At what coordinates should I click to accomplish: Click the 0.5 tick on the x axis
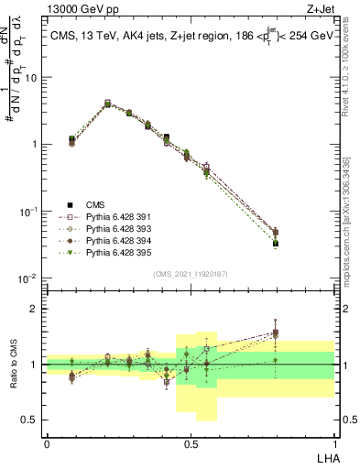pyautogui.click(x=191, y=443)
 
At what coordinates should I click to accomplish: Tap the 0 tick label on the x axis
pyautogui.click(x=47, y=443)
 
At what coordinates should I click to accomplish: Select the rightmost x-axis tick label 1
pyautogui.click(x=334, y=443)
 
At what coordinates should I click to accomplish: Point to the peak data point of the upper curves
pyautogui.click(x=107, y=104)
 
